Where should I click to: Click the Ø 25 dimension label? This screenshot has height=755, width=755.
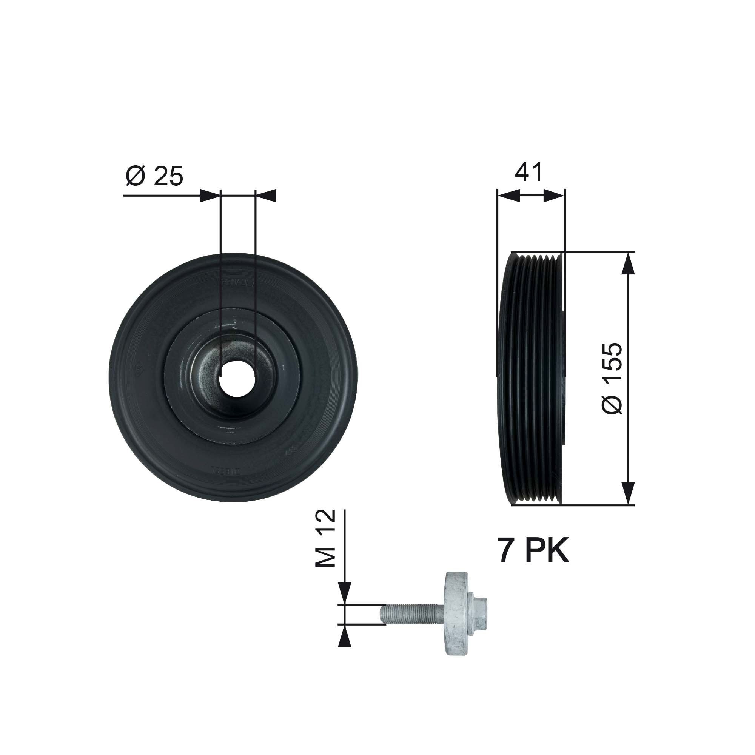point(154,176)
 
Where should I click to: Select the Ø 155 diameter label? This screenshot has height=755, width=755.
point(612,379)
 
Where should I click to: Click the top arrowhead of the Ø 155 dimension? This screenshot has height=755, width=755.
point(628,263)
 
